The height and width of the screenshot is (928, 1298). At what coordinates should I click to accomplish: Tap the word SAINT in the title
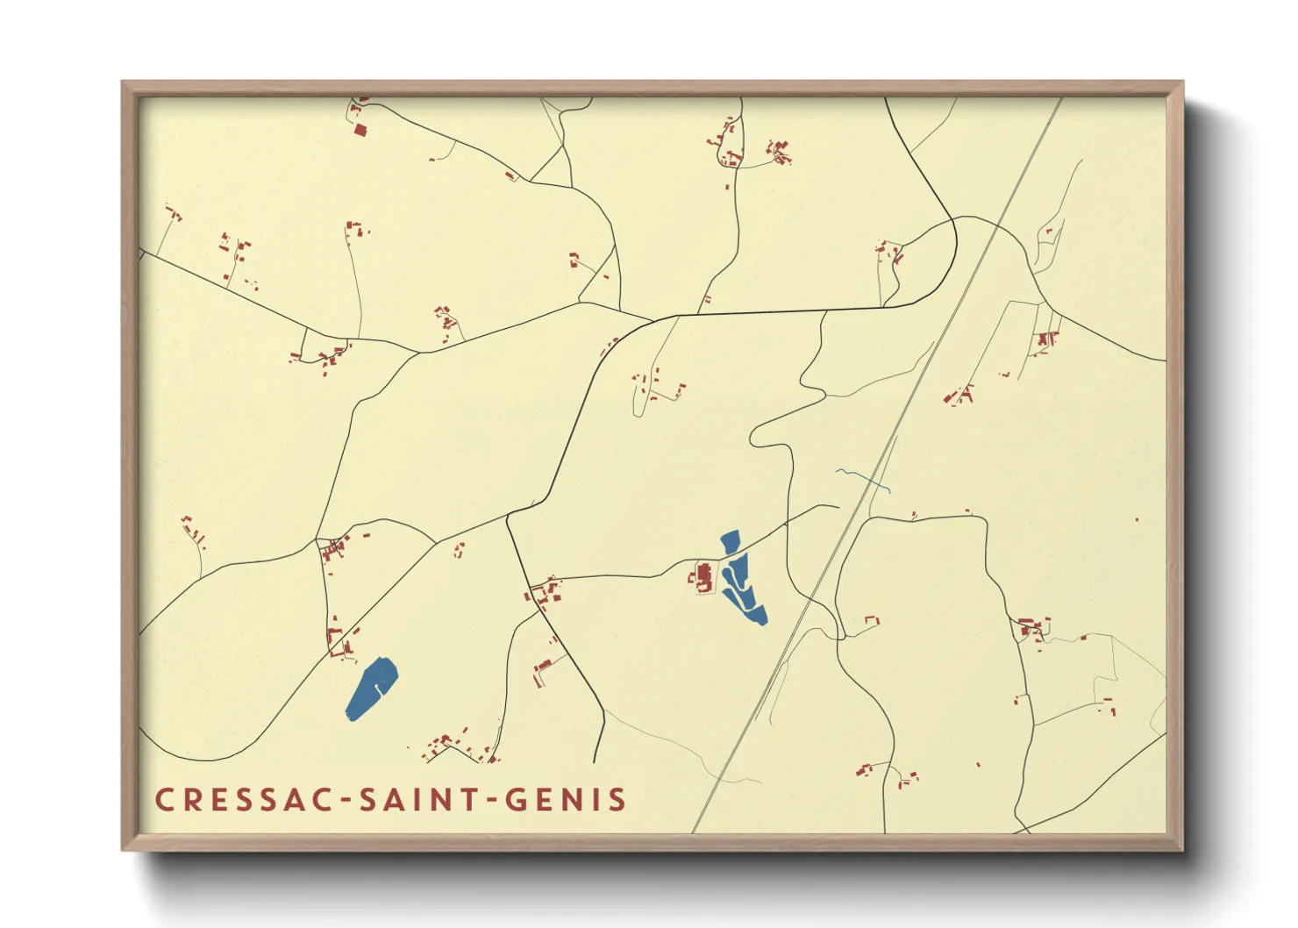point(419,800)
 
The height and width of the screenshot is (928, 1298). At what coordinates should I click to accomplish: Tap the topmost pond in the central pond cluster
point(729,543)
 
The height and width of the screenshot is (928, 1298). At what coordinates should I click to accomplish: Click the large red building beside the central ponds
point(703,578)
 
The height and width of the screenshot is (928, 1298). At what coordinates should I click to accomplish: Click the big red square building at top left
point(360,131)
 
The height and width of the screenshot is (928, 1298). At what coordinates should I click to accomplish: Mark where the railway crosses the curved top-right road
point(997,226)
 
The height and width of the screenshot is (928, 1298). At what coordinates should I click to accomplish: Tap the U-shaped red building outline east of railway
point(872,621)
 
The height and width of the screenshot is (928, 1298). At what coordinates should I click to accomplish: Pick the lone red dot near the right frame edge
point(1137,520)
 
